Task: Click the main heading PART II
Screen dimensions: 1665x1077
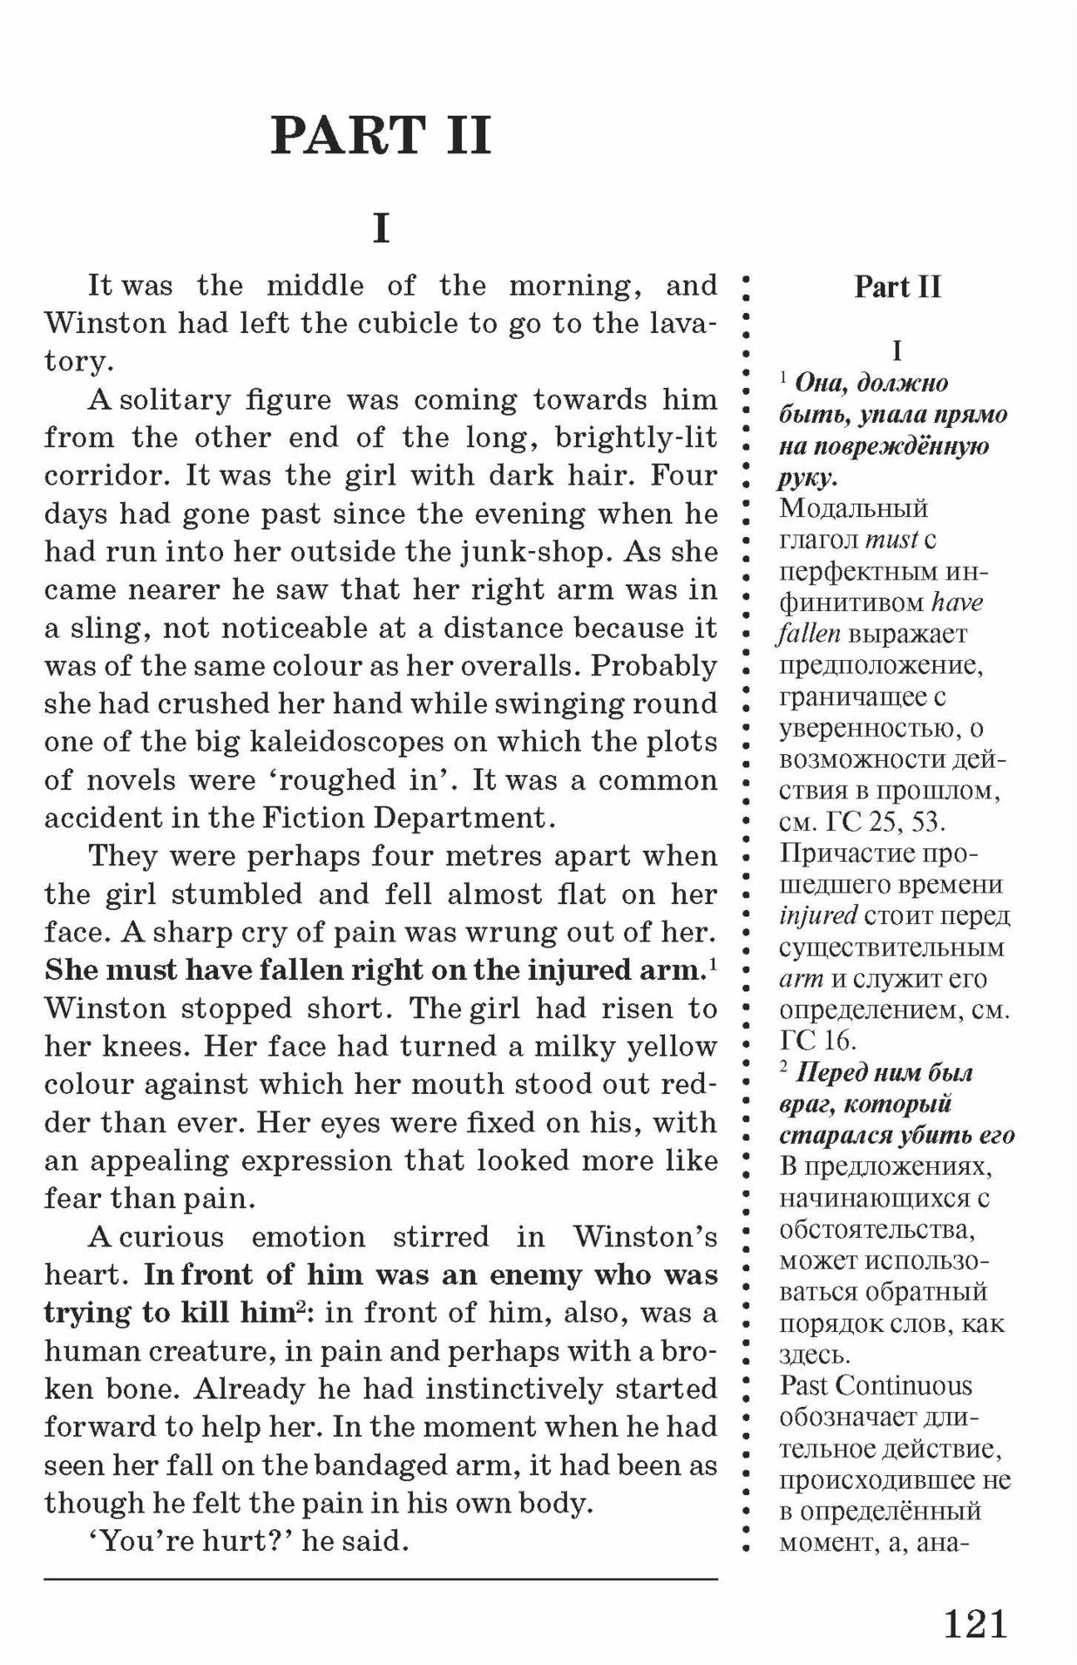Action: pos(381,135)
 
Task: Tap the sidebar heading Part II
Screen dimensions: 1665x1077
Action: pos(897,287)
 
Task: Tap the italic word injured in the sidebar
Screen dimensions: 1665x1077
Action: pos(818,916)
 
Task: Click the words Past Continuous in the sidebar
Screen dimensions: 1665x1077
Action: pos(876,1386)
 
